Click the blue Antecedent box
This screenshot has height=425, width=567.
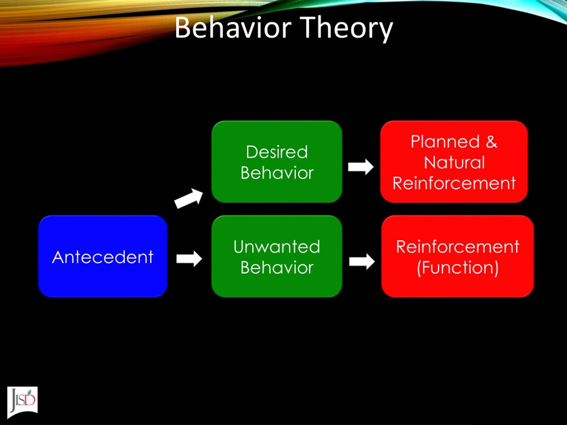103,256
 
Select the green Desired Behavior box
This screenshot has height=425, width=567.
277,162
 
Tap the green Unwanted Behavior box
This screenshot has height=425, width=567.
277,256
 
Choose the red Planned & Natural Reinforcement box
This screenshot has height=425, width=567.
454,162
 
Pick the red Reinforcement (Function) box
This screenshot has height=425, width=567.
458,256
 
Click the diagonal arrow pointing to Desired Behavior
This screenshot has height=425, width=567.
189,199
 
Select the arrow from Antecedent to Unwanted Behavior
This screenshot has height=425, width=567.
189,259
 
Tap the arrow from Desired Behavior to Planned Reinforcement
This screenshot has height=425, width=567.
361,167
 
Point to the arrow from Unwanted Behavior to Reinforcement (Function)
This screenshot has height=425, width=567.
362,262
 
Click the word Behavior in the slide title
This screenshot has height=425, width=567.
233,28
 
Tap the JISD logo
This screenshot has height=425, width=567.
23,402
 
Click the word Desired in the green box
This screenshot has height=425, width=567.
277,152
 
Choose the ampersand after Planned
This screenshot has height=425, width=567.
491,141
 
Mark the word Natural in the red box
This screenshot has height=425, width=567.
454,162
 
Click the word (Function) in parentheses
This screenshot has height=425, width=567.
458,268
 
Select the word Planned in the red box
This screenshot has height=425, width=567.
445,141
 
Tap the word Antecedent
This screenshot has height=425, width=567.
103,257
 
